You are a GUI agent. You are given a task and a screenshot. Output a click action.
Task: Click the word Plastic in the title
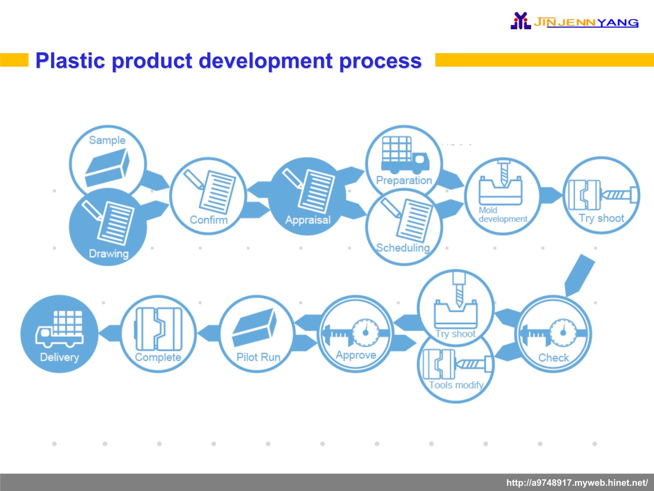[x=70, y=61]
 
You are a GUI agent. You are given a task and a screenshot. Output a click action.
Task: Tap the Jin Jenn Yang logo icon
[x=521, y=21]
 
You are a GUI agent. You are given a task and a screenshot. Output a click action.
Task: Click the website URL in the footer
[x=577, y=483]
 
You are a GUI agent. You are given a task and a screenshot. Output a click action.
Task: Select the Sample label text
[x=107, y=140]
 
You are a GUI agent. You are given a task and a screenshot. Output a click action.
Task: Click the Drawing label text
[x=109, y=254]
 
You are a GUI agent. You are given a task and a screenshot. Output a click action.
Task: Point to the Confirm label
[x=209, y=220]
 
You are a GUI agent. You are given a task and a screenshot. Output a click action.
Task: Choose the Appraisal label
[x=308, y=220]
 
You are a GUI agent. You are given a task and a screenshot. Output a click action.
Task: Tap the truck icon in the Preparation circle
[x=405, y=155]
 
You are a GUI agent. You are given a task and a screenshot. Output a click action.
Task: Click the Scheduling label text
[x=403, y=248]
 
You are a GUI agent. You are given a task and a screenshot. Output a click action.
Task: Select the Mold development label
[x=503, y=215]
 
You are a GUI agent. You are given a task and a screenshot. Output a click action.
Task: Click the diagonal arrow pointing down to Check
[x=579, y=275]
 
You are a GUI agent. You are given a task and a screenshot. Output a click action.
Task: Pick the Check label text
[x=554, y=358]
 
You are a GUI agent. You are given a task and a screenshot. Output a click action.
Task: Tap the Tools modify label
[x=456, y=385]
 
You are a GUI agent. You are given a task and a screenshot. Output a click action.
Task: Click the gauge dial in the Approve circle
[x=365, y=332]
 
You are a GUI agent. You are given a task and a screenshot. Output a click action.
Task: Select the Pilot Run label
[x=258, y=357]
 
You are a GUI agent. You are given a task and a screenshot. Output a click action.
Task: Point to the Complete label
[x=158, y=357]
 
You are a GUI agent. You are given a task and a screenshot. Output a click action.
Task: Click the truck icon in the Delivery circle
[x=59, y=329]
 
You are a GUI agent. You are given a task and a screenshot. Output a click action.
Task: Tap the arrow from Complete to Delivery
[x=109, y=333]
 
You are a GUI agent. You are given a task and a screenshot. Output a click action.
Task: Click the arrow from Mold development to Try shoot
[x=551, y=196]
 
